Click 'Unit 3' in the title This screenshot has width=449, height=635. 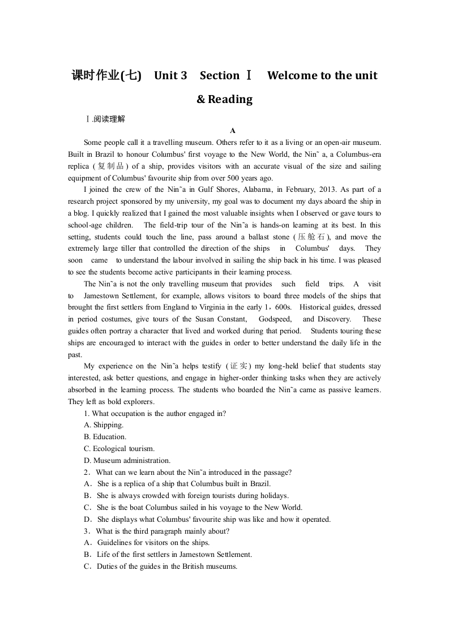(x=170, y=75)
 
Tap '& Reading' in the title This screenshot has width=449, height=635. (x=224, y=99)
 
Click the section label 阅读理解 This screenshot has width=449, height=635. (x=108, y=119)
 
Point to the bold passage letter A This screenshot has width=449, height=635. (x=225, y=131)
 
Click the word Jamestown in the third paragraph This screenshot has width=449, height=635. (x=104, y=296)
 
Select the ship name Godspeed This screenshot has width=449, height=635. (x=275, y=319)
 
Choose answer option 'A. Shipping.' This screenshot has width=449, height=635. (x=104, y=425)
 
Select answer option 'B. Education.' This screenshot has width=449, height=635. (x=105, y=437)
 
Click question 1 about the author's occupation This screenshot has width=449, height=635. (x=155, y=413)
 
